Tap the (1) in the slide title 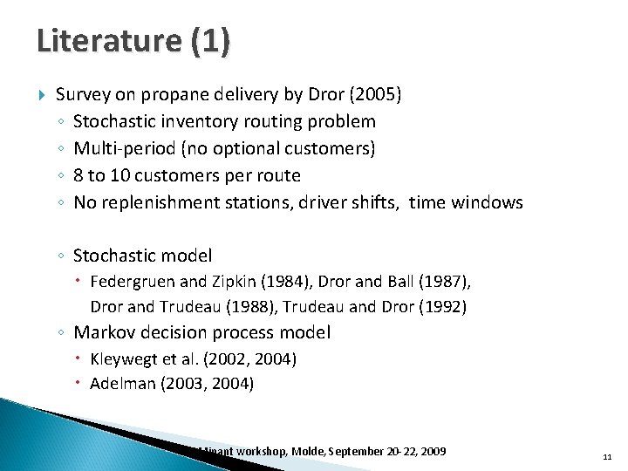[x=212, y=42]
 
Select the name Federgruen [x=133, y=282]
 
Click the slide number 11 [x=607, y=455]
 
